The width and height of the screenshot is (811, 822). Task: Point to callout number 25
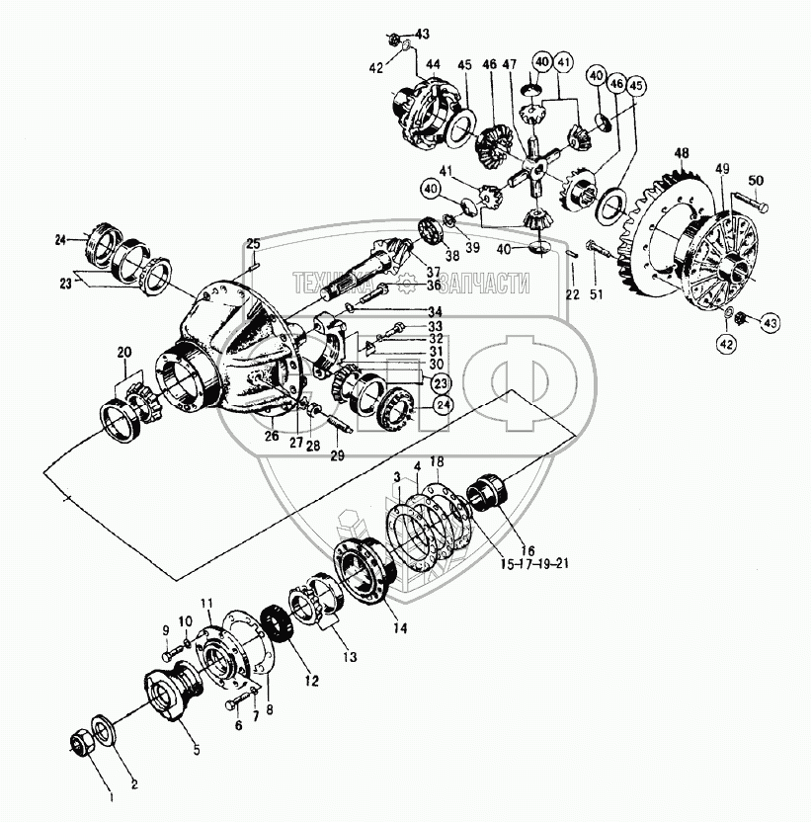253,243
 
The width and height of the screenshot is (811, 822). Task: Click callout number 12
286,681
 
